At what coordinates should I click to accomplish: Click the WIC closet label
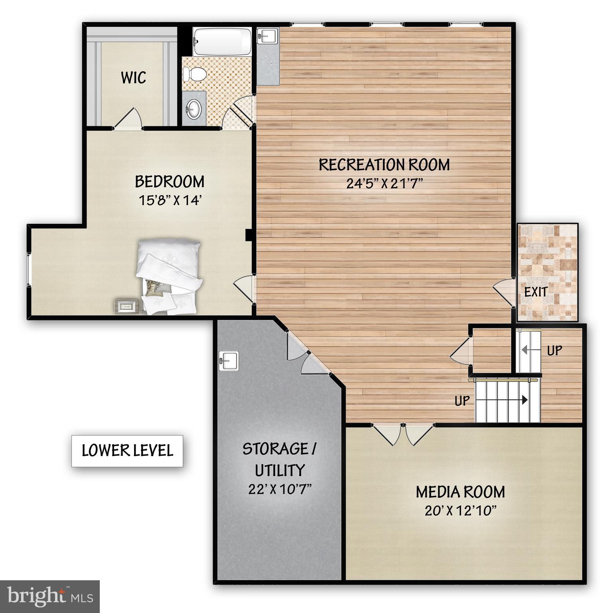[x=133, y=77]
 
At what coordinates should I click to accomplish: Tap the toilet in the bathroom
[x=194, y=73]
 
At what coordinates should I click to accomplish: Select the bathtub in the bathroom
[x=222, y=42]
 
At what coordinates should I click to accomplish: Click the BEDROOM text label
[x=170, y=182]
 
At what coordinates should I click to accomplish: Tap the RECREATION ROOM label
[x=384, y=164]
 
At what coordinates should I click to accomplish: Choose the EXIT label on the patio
[x=536, y=292]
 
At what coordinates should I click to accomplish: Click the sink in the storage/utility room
[x=229, y=361]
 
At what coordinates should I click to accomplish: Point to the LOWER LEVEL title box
[x=127, y=451]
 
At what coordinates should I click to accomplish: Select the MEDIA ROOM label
[x=460, y=492]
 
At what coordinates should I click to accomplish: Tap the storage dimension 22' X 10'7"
[x=279, y=489]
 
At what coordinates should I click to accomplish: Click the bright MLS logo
[x=49, y=596]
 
